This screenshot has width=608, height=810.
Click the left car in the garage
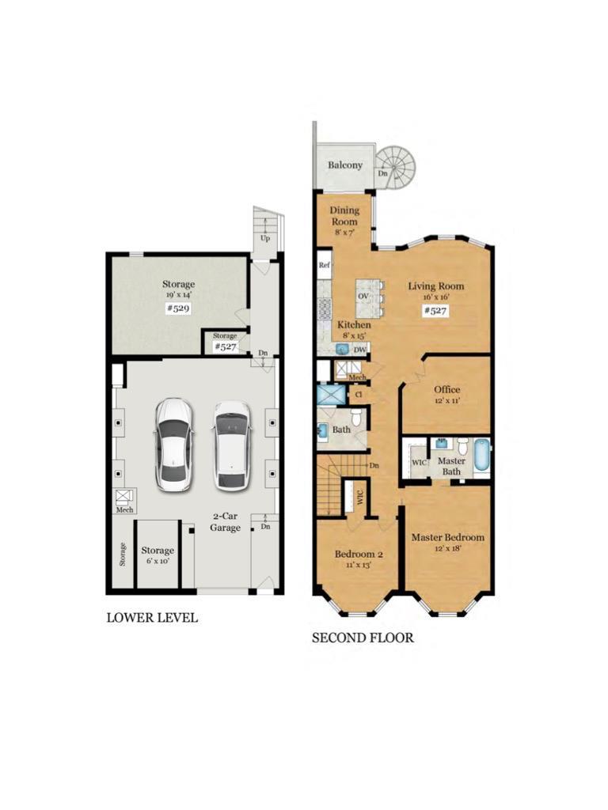[x=174, y=445]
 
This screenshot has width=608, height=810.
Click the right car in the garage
[x=233, y=445]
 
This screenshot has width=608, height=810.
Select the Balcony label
[x=345, y=165]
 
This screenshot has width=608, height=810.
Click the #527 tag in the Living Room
[x=435, y=310]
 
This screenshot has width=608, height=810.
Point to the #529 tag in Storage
[x=178, y=309]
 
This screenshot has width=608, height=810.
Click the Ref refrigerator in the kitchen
[x=324, y=265]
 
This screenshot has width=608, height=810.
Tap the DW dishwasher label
[x=360, y=350]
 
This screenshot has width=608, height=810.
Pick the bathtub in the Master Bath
[x=481, y=456]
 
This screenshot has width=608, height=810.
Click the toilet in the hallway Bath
[x=357, y=415]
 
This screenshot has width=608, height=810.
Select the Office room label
[x=446, y=389]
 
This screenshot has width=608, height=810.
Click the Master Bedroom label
[x=448, y=537]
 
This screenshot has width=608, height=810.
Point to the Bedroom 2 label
[x=359, y=555]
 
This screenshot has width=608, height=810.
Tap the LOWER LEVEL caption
[x=152, y=618]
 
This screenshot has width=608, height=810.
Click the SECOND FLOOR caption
[x=363, y=638]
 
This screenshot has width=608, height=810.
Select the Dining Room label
[x=344, y=215]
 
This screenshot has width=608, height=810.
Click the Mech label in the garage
[x=124, y=510]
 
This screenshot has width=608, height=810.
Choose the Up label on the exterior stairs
[x=265, y=238]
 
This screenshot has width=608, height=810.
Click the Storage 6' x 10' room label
[x=158, y=555]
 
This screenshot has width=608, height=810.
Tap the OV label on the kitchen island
[x=363, y=297]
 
